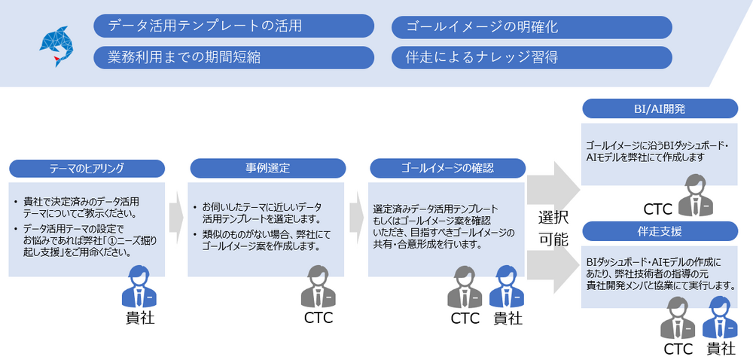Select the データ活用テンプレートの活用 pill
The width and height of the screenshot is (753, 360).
233,26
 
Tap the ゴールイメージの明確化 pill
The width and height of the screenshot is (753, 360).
532,27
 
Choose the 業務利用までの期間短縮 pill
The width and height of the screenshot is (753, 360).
233,57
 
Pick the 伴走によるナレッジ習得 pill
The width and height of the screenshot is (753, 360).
532,58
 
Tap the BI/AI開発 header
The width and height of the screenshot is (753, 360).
660,110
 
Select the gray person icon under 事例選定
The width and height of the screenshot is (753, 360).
318,287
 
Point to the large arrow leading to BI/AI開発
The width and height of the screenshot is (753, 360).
553,184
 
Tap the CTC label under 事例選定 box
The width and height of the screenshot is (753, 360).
318,318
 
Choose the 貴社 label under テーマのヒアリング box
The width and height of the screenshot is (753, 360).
140,318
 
